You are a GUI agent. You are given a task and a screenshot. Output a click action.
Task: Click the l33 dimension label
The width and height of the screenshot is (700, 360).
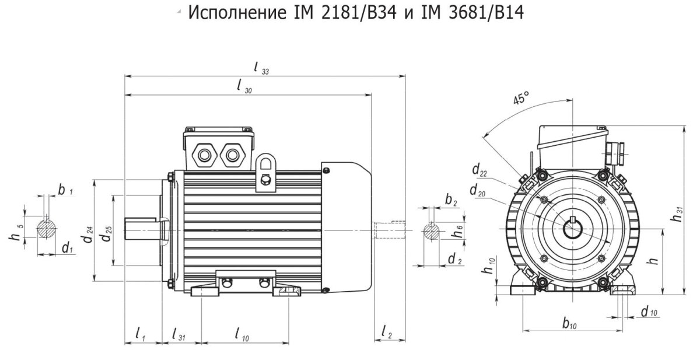point(261,68)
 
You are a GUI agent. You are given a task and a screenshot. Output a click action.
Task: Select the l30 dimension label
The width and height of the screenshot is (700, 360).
point(244,86)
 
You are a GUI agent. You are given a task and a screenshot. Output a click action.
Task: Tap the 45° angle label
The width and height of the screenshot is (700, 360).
point(520,98)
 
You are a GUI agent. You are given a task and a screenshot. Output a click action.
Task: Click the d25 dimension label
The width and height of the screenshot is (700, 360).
point(107,234)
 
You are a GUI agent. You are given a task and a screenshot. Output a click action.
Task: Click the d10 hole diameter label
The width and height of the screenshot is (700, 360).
point(649,312)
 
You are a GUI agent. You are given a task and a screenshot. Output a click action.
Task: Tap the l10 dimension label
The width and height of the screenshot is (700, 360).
point(242,334)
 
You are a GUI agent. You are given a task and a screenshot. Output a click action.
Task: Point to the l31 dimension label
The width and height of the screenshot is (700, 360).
point(178,334)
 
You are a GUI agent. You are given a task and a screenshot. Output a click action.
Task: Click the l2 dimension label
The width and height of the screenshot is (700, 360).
point(386,332)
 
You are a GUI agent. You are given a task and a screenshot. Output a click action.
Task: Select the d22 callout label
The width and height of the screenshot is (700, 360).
point(480,170)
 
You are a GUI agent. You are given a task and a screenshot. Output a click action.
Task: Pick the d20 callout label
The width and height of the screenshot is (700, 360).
point(478,191)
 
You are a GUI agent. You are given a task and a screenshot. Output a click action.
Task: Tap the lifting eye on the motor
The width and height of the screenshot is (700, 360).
point(266,173)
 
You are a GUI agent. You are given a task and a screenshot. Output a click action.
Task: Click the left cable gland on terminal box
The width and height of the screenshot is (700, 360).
point(205,155)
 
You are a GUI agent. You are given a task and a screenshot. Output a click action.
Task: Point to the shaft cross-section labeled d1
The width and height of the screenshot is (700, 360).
point(47,230)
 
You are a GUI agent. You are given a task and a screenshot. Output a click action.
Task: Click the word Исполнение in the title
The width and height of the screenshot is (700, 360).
point(237,13)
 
